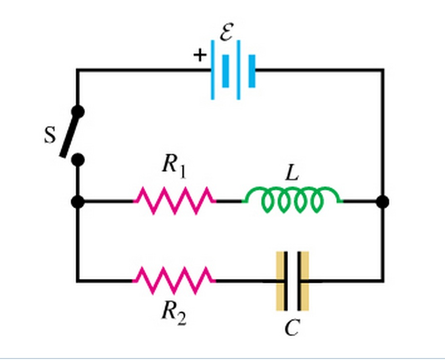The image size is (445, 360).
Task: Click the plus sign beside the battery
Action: click(x=200, y=55)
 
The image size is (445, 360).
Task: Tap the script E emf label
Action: click(x=227, y=32)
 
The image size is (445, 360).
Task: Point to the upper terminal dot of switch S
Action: click(x=78, y=111)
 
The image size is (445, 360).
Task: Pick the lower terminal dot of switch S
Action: click(x=78, y=160)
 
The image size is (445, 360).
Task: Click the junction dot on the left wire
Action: click(x=78, y=202)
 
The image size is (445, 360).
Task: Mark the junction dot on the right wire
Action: click(x=383, y=202)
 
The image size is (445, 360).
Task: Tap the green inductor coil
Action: click(x=293, y=201)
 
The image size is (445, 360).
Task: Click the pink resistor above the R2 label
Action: click(x=174, y=280)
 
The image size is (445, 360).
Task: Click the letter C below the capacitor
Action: click(x=292, y=328)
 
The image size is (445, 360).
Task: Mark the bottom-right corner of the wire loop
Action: click(x=383, y=281)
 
